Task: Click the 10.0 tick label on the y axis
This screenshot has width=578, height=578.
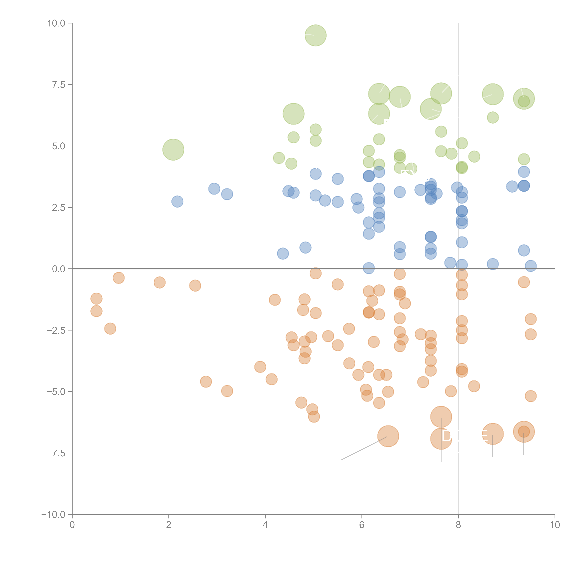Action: click(56, 23)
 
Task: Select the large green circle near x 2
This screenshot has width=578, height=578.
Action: click(173, 150)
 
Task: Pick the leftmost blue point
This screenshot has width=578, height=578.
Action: click(177, 202)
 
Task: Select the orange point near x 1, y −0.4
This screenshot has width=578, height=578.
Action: click(119, 278)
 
